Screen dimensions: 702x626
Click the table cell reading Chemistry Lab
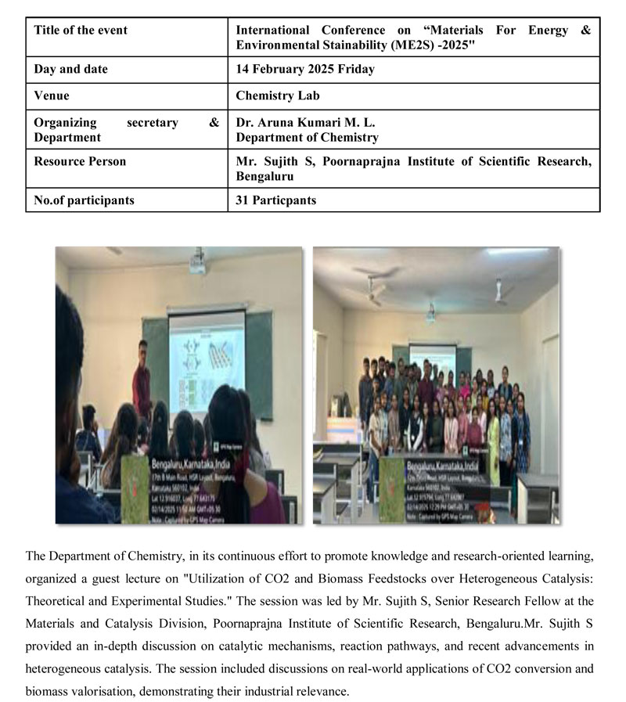(278, 95)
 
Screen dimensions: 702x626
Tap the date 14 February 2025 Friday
(305, 69)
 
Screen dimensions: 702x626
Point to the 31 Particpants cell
(276, 200)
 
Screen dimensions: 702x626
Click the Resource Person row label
(80, 161)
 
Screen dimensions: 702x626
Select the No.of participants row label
(84, 200)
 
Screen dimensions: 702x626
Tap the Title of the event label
(81, 30)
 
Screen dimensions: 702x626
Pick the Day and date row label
(71, 69)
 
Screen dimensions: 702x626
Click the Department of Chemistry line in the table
(307, 137)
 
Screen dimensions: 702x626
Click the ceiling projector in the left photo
(196, 266)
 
